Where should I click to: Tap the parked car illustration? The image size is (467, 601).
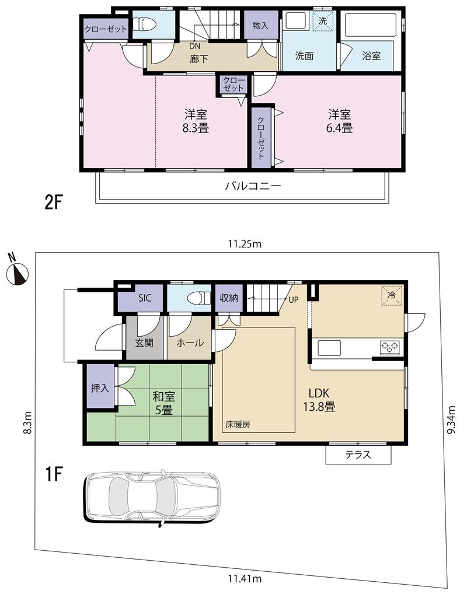152,496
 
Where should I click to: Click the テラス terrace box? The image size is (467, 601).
358,455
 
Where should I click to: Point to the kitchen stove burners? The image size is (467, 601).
390,347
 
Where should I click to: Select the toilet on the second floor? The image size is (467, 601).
146,25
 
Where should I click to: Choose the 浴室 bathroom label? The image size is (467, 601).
371,56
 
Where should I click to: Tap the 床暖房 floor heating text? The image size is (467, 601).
238,425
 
